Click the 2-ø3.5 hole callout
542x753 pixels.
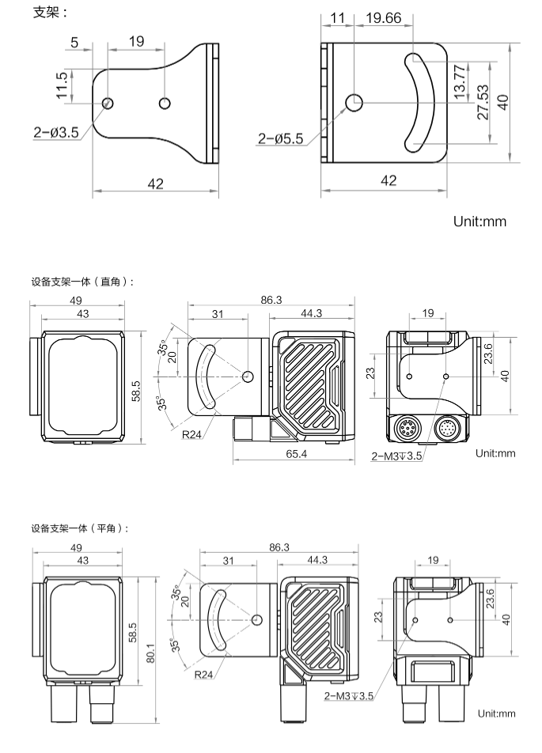pyautogui.click(x=56, y=132)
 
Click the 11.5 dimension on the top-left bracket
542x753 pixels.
pyautogui.click(x=62, y=85)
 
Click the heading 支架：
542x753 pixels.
pyautogui.click(x=49, y=12)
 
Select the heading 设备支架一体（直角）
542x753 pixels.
pyautogui.click(x=83, y=281)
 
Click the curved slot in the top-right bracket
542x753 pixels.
pyautogui.click(x=419, y=103)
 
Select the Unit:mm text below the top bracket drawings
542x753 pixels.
pyautogui.click(x=479, y=221)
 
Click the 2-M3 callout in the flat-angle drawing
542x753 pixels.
pyautogui.click(x=348, y=696)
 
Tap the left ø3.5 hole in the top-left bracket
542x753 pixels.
pyautogui.click(x=108, y=104)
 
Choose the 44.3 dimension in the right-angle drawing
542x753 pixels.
pyautogui.click(x=311, y=314)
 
